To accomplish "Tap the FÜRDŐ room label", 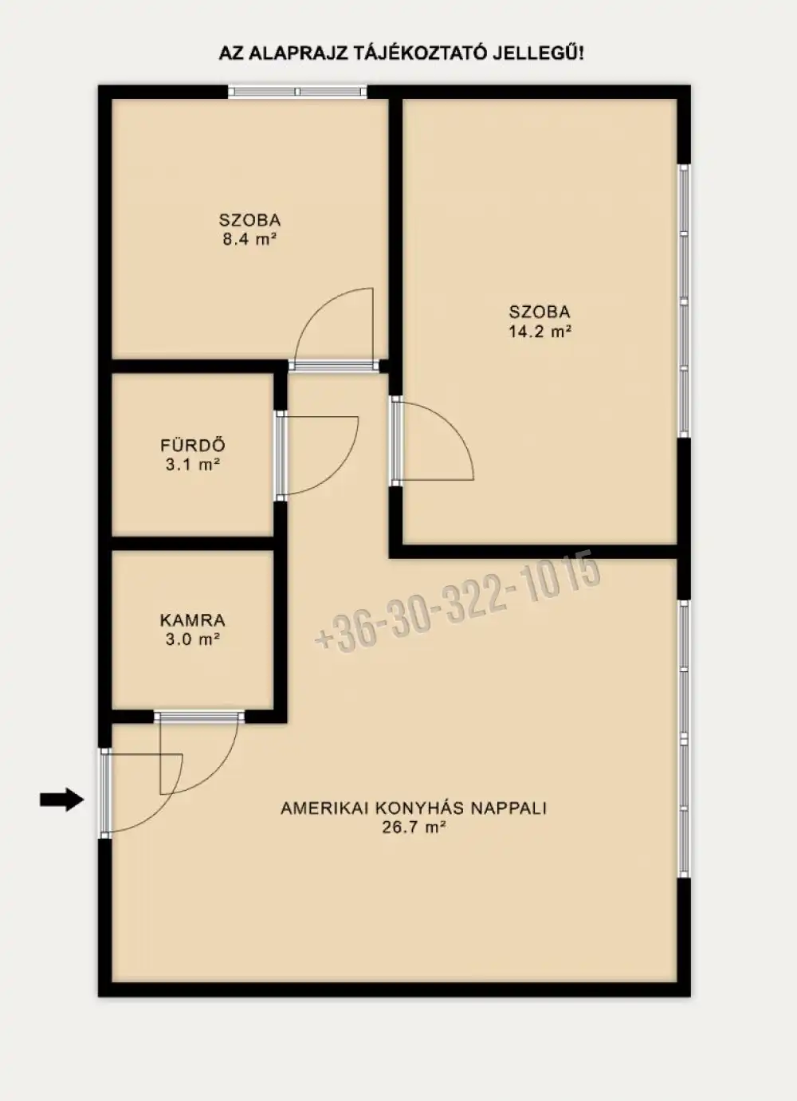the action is (193, 446).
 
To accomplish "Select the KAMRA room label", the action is (193, 620).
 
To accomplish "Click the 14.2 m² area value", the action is (540, 332).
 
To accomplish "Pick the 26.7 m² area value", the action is (414, 828).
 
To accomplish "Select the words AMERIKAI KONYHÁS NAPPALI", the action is (414, 808).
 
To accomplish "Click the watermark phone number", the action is (458, 603).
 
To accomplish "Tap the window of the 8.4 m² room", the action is (297, 92).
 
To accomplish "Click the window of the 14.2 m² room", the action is (684, 301).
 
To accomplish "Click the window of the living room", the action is (684, 739).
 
